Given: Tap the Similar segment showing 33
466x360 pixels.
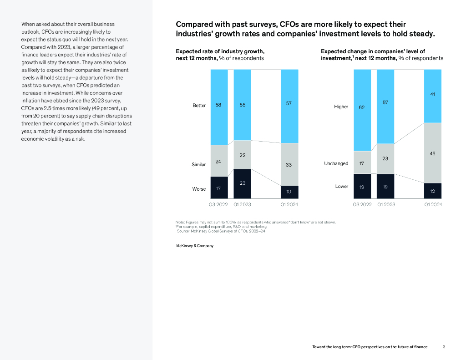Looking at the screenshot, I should point(289,165).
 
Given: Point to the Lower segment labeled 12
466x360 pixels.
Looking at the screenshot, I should point(432,191).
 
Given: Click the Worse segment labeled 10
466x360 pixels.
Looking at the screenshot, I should point(289,192).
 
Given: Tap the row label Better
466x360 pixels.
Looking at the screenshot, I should point(199,106).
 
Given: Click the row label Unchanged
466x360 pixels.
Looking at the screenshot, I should point(336,163).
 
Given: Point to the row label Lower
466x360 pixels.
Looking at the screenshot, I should point(342,186).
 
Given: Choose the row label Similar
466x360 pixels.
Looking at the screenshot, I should point(199,164).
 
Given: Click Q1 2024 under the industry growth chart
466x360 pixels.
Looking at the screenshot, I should point(289,205).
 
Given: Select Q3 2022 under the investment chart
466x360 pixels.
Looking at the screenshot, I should point(362,205).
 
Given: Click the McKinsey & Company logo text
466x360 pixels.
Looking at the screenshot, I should point(195,246).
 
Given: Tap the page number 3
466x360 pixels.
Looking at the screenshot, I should point(444,347).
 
